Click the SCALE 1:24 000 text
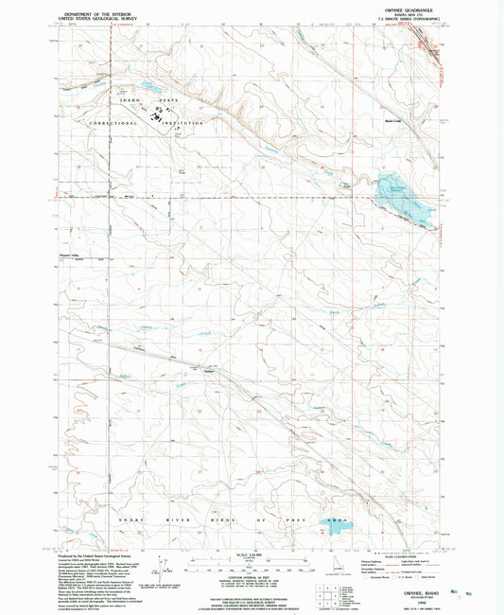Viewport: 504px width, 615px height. (x=252, y=548)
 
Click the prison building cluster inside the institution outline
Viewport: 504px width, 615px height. (x=154, y=117)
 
